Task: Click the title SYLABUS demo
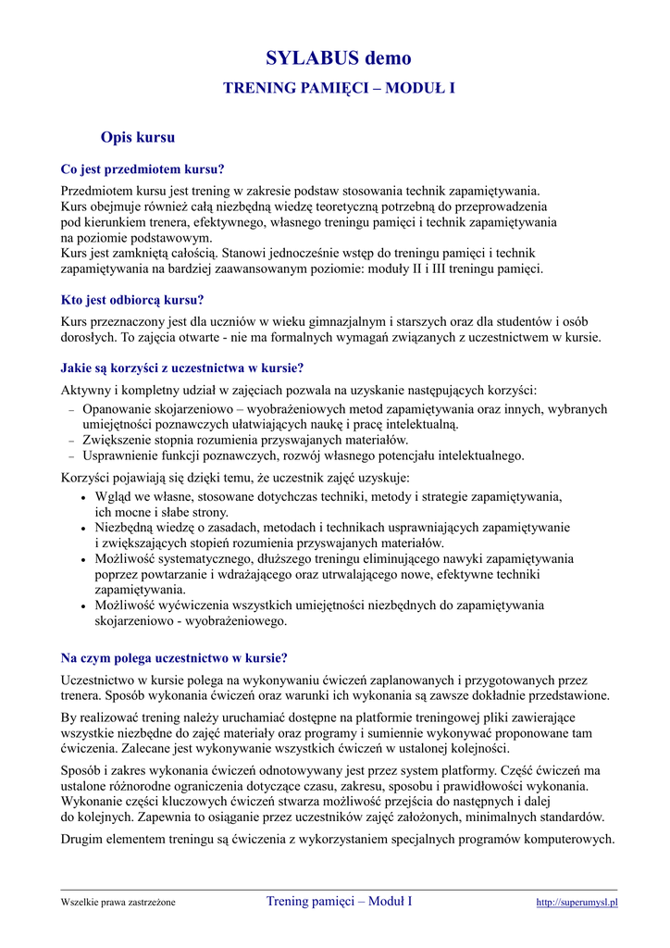(338, 58)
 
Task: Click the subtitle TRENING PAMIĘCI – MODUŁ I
(339, 88)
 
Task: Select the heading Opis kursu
(138, 138)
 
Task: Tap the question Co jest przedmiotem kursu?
(143, 169)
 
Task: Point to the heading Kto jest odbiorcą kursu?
(132, 300)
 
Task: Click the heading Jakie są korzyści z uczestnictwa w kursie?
(182, 368)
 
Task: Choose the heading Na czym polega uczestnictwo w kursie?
(174, 658)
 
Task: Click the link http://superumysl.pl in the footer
(577, 903)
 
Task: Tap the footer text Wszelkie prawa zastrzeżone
(118, 903)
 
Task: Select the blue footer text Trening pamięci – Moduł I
(339, 901)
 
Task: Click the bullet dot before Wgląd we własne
(84, 498)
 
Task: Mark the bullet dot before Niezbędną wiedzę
(84, 529)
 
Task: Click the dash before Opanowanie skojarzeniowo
(71, 410)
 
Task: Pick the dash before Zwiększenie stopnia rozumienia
(71, 442)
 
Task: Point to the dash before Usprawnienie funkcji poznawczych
(71, 457)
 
